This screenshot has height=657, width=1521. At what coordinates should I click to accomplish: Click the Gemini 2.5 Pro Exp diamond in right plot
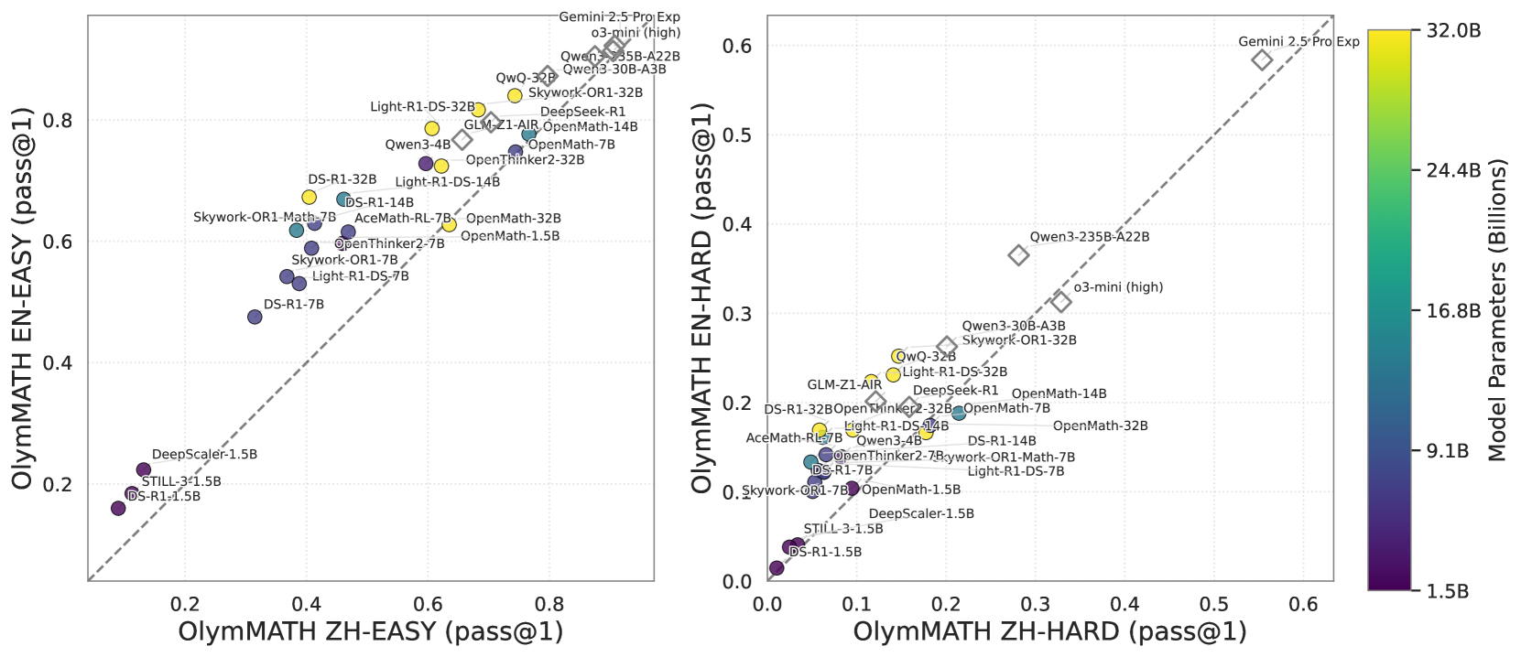(1262, 59)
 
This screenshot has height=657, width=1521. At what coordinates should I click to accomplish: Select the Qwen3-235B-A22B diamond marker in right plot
(1018, 254)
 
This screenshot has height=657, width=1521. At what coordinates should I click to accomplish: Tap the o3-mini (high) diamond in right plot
(1060, 301)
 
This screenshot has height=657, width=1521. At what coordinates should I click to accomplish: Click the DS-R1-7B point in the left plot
(255, 317)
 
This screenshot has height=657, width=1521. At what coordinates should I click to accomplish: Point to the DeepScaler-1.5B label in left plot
(204, 454)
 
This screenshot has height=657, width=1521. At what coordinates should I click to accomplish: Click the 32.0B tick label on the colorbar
(1453, 30)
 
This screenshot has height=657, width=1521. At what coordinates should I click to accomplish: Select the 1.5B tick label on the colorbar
(1447, 591)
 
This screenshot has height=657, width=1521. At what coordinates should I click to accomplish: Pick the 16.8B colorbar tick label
(1453, 311)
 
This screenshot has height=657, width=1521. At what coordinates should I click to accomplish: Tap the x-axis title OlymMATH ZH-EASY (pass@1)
(370, 631)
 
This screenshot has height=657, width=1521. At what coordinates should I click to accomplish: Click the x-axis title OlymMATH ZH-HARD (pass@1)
(1049, 631)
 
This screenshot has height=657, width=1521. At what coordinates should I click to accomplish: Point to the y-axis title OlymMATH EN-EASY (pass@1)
(24, 298)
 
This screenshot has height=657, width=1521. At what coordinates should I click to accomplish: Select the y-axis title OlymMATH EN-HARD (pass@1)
(702, 298)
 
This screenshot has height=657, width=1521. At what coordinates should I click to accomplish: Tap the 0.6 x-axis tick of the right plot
(1303, 604)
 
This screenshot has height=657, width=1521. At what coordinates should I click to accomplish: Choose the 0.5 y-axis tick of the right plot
(738, 135)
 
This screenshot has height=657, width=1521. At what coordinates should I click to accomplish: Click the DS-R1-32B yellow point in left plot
(310, 197)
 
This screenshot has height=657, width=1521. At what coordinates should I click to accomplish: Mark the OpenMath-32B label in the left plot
(513, 219)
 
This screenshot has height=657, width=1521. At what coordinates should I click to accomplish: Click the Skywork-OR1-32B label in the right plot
(1019, 340)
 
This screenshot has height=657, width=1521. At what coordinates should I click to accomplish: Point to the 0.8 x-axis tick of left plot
(549, 604)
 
